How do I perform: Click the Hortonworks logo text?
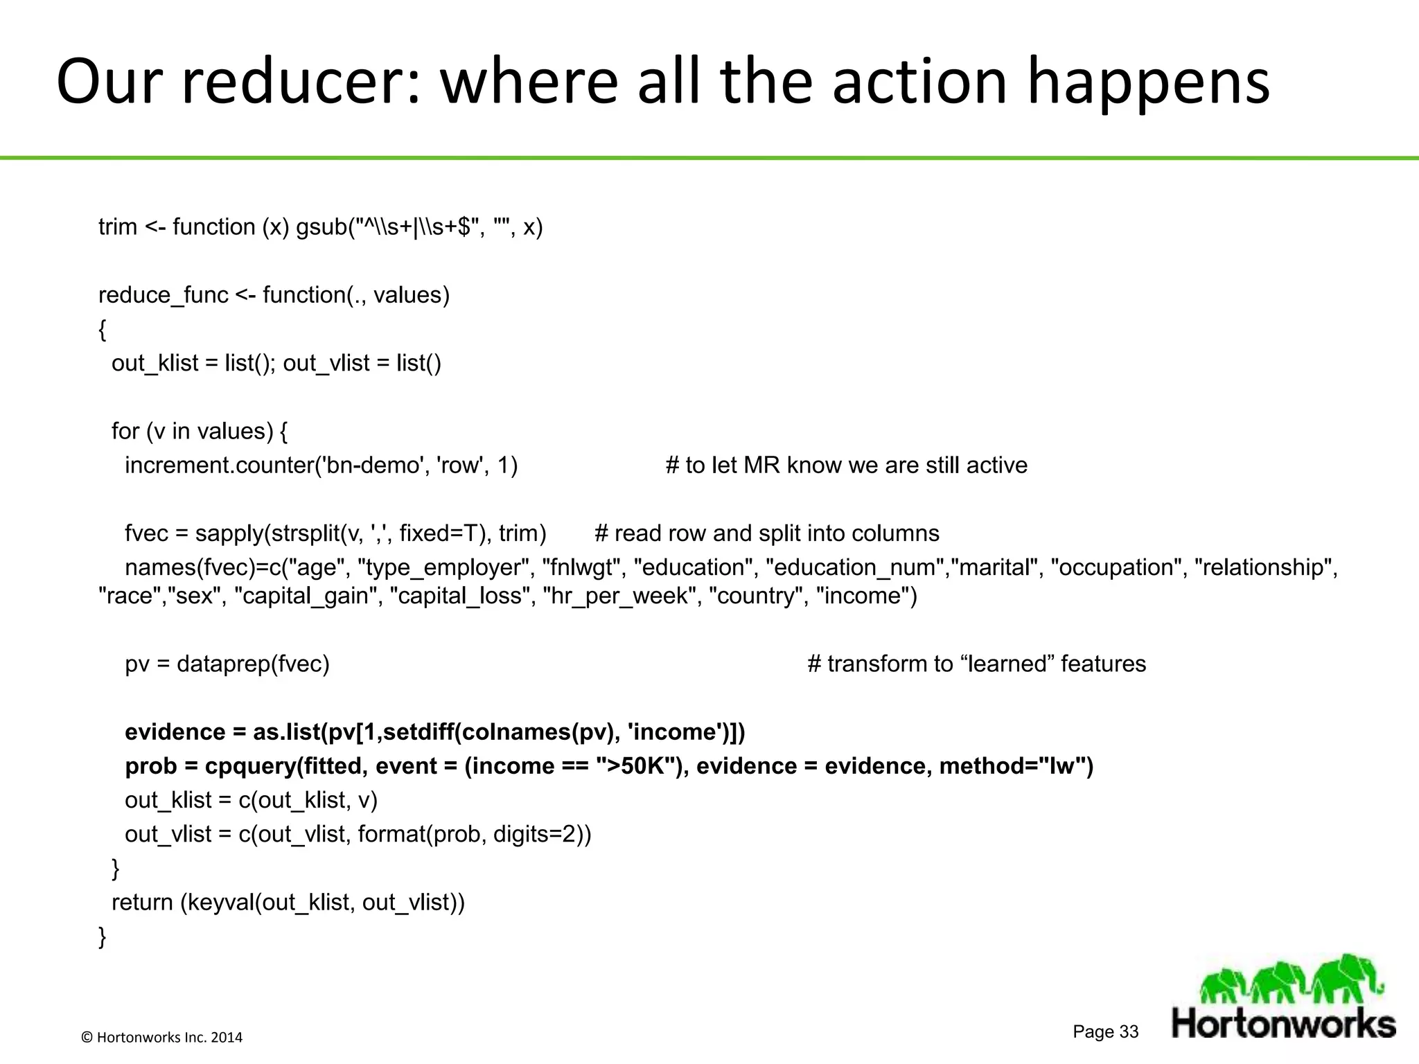click(x=1283, y=1023)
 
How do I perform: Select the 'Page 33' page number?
click(x=1105, y=1031)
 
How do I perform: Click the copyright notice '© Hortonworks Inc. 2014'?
click(x=162, y=1037)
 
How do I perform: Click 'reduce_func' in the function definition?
click(x=163, y=296)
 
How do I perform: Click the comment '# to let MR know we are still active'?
click(x=846, y=465)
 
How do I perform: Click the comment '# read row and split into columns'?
click(x=766, y=533)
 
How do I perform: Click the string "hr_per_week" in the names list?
click(x=619, y=596)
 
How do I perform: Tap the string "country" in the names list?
click(x=756, y=596)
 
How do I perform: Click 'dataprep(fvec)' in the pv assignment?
click(x=253, y=664)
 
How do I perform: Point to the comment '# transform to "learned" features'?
click(x=976, y=664)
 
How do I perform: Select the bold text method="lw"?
click(x=1016, y=767)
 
